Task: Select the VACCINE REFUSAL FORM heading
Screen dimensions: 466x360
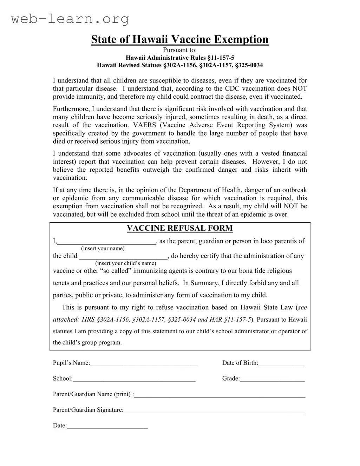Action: (x=179, y=228)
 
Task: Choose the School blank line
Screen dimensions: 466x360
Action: (x=134, y=379)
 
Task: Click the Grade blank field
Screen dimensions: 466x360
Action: (x=272, y=379)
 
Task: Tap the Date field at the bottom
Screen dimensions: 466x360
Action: (x=107, y=426)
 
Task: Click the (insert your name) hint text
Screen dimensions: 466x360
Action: (x=103, y=249)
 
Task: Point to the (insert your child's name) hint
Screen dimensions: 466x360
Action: (x=126, y=263)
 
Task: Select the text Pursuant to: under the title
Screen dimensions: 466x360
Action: (x=180, y=50)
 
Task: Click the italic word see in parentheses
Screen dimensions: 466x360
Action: (x=302, y=307)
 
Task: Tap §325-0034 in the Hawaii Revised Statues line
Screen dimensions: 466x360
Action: (x=249, y=65)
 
